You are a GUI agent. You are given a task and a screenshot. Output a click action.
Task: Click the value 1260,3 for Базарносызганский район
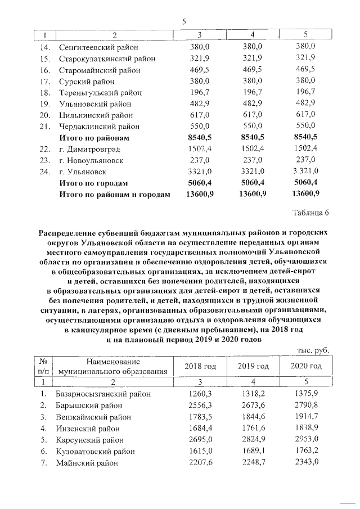[x=200, y=394]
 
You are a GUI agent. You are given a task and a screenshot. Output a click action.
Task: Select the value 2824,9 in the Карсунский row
[x=253, y=439]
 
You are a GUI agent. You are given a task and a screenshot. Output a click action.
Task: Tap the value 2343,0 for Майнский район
[x=305, y=462]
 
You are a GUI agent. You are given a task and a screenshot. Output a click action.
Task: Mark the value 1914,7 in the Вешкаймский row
[x=305, y=417]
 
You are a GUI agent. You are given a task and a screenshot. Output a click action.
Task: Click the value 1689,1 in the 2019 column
[x=253, y=451]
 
